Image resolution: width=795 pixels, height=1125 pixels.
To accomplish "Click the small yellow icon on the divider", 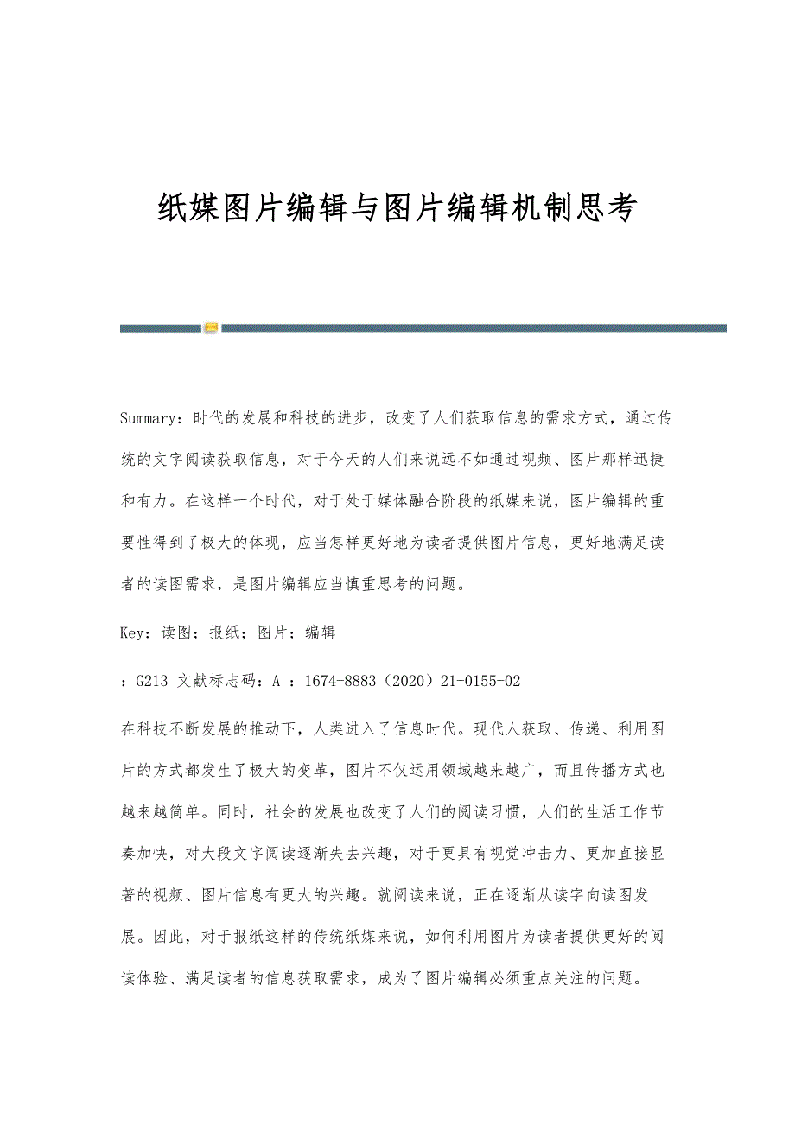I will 212,328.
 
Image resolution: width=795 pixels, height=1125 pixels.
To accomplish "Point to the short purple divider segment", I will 161,328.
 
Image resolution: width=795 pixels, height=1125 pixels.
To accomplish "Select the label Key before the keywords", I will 134,632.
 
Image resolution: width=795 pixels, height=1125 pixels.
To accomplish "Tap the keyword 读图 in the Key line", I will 176,632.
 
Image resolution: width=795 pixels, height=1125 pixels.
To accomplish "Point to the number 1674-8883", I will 337,681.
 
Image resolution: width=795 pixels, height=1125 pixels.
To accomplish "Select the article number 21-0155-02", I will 480,681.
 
